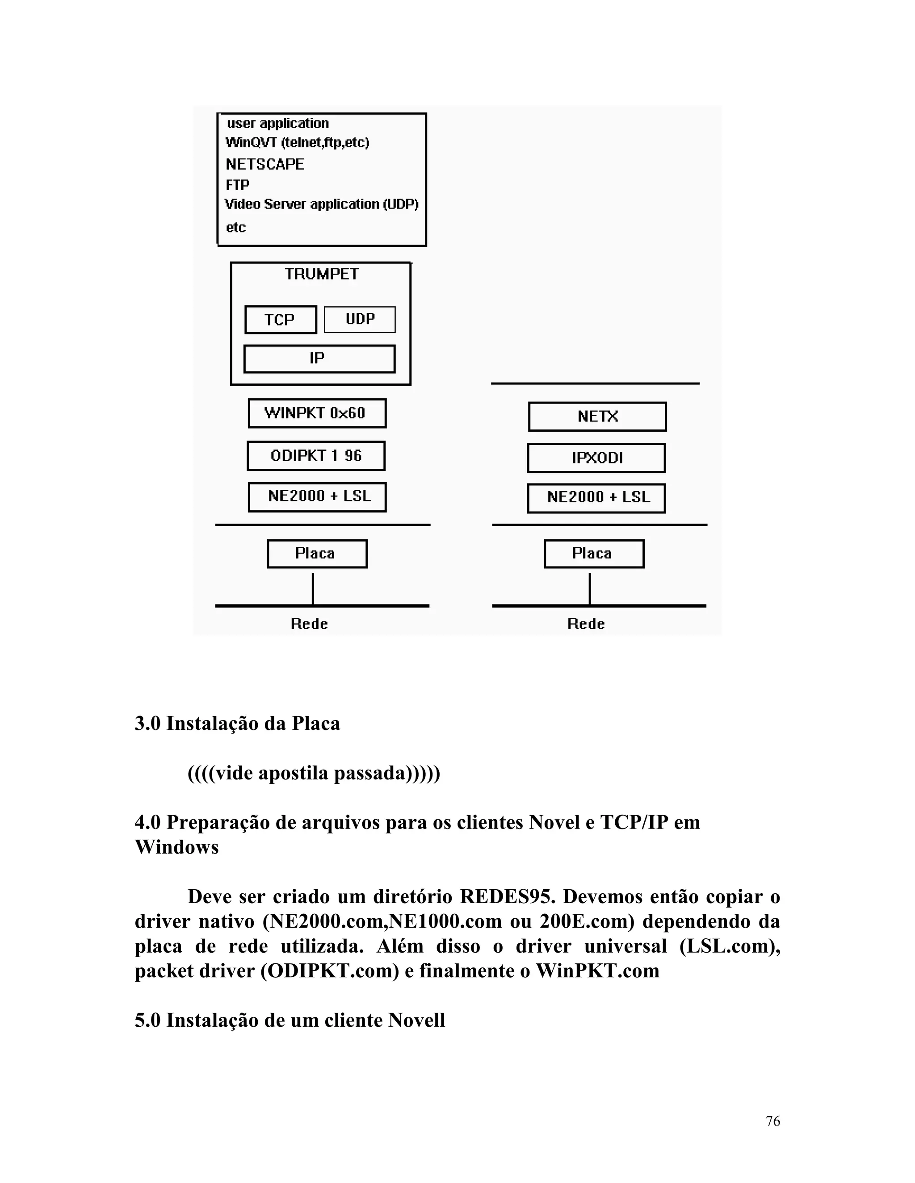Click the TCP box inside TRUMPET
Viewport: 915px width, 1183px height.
click(280, 320)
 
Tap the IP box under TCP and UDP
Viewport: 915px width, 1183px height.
click(319, 358)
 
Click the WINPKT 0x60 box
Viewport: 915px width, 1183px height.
click(317, 413)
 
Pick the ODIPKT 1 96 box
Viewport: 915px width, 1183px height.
click(316, 455)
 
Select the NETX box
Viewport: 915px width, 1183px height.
click(597, 417)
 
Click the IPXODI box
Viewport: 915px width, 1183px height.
click(596, 458)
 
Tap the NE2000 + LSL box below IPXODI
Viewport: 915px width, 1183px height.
click(596, 498)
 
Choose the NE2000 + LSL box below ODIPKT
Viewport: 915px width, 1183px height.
click(317, 497)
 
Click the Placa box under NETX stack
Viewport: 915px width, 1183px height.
click(594, 554)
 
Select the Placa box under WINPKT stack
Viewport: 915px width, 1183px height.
click(317, 554)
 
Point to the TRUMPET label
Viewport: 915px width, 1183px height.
click(321, 274)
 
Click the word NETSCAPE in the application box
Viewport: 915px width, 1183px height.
click(264, 164)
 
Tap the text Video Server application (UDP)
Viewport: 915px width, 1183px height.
click(321, 204)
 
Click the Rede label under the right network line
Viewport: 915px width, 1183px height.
click(586, 624)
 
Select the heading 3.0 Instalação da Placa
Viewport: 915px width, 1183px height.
click(237, 724)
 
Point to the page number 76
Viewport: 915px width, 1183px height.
click(772, 1121)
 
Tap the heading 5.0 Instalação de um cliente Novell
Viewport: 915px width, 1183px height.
click(290, 1020)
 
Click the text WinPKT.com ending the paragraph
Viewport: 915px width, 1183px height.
click(597, 971)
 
